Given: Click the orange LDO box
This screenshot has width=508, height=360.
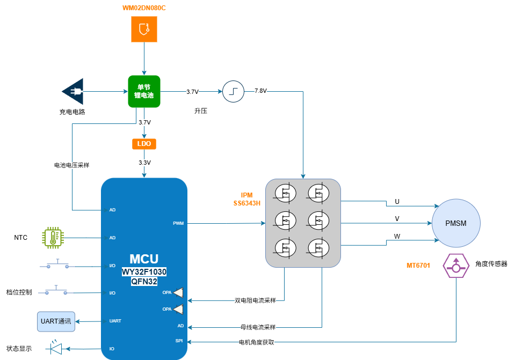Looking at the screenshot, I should (143, 144).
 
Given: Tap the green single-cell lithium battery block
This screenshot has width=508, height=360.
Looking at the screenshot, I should (144, 91).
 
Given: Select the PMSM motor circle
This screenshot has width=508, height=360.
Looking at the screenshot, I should (456, 223).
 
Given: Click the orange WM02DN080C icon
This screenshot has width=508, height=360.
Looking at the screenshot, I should (144, 29).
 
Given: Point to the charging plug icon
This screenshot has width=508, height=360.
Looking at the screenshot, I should (73, 92).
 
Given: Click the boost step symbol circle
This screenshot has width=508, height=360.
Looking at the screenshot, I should (233, 91).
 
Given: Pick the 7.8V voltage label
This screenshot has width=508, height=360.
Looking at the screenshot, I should (260, 91).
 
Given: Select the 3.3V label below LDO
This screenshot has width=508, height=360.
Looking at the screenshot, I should (144, 163).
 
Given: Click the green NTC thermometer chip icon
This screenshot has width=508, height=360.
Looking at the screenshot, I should (53, 237).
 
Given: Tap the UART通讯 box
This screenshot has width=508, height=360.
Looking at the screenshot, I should (56, 321).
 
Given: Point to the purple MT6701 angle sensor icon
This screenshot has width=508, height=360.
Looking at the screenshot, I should (455, 266).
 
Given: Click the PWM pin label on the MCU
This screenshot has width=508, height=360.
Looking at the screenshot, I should (178, 223).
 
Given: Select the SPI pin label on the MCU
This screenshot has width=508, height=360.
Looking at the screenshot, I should (179, 341).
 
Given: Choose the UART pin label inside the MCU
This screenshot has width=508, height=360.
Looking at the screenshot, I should (115, 321).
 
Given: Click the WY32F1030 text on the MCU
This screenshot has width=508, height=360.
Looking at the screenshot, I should (144, 272).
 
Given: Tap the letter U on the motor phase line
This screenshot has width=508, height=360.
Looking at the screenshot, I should (397, 202).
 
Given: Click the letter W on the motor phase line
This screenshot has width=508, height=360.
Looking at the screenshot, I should (397, 236).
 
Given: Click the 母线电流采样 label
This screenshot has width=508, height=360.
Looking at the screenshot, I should (258, 327).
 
